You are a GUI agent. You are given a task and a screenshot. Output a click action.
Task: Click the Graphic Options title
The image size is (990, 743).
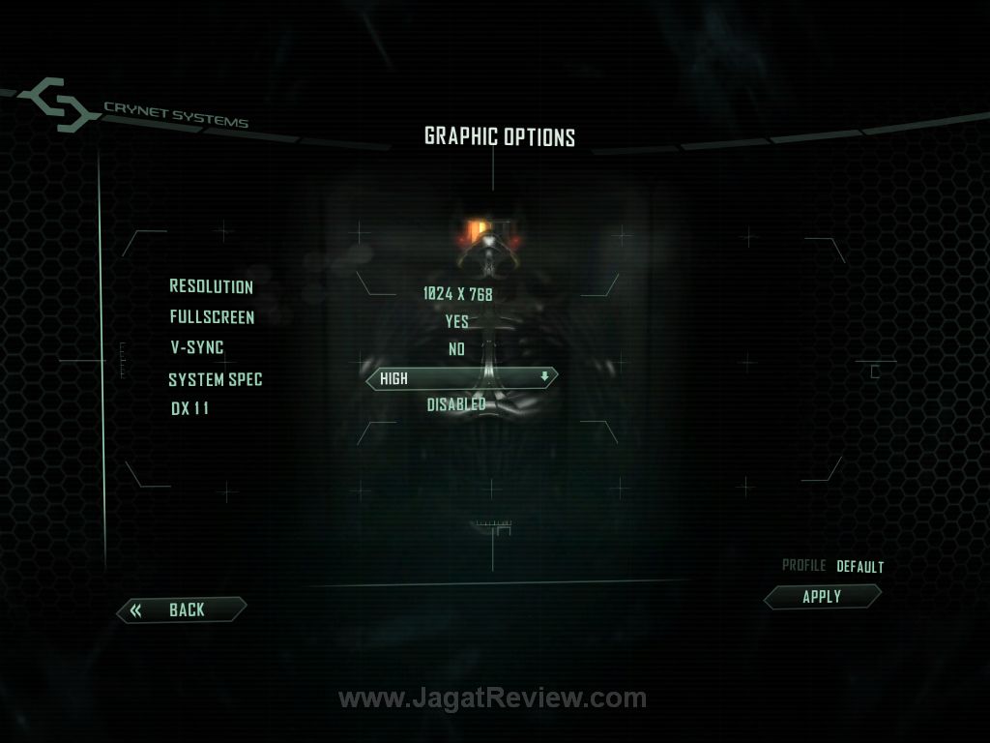[500, 136]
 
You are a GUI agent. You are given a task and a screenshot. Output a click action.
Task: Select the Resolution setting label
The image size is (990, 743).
[211, 286]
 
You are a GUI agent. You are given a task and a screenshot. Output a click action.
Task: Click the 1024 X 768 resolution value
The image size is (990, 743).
[457, 294]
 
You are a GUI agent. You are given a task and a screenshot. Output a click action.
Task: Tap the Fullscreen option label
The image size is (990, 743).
[212, 316]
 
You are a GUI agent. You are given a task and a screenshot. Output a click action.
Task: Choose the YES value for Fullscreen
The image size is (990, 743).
[457, 322]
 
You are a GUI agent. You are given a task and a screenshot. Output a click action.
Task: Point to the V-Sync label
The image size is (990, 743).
[197, 346]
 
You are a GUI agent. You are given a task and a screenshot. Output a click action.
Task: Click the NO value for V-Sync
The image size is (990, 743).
[457, 350]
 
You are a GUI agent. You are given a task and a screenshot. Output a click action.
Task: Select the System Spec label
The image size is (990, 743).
[215, 379]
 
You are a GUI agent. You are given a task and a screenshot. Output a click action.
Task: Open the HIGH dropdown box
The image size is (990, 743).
[461, 378]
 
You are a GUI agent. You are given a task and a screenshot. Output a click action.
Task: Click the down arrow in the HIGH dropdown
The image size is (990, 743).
[544, 377]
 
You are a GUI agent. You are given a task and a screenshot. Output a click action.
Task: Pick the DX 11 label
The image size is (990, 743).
[189, 408]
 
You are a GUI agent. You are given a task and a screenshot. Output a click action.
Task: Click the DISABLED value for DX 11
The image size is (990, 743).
[456, 404]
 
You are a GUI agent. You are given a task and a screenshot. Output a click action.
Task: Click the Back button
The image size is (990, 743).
[182, 609]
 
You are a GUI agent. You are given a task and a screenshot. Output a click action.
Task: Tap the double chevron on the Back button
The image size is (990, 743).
[136, 609]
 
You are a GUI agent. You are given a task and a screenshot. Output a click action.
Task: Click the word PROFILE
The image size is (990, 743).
[803, 566]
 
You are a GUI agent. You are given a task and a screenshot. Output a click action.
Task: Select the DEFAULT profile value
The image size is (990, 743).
[860, 567]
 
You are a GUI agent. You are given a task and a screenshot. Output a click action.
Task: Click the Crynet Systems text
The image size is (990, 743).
[176, 115]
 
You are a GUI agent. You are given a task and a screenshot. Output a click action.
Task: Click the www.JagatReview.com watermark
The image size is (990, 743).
[492, 698]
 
